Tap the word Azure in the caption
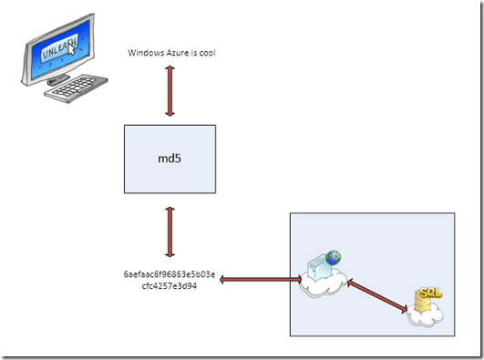180,53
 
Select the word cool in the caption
206,53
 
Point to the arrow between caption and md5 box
170,90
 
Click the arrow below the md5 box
170,232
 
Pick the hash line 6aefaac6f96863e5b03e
169,273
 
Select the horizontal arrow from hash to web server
260,279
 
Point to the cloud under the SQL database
427,317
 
